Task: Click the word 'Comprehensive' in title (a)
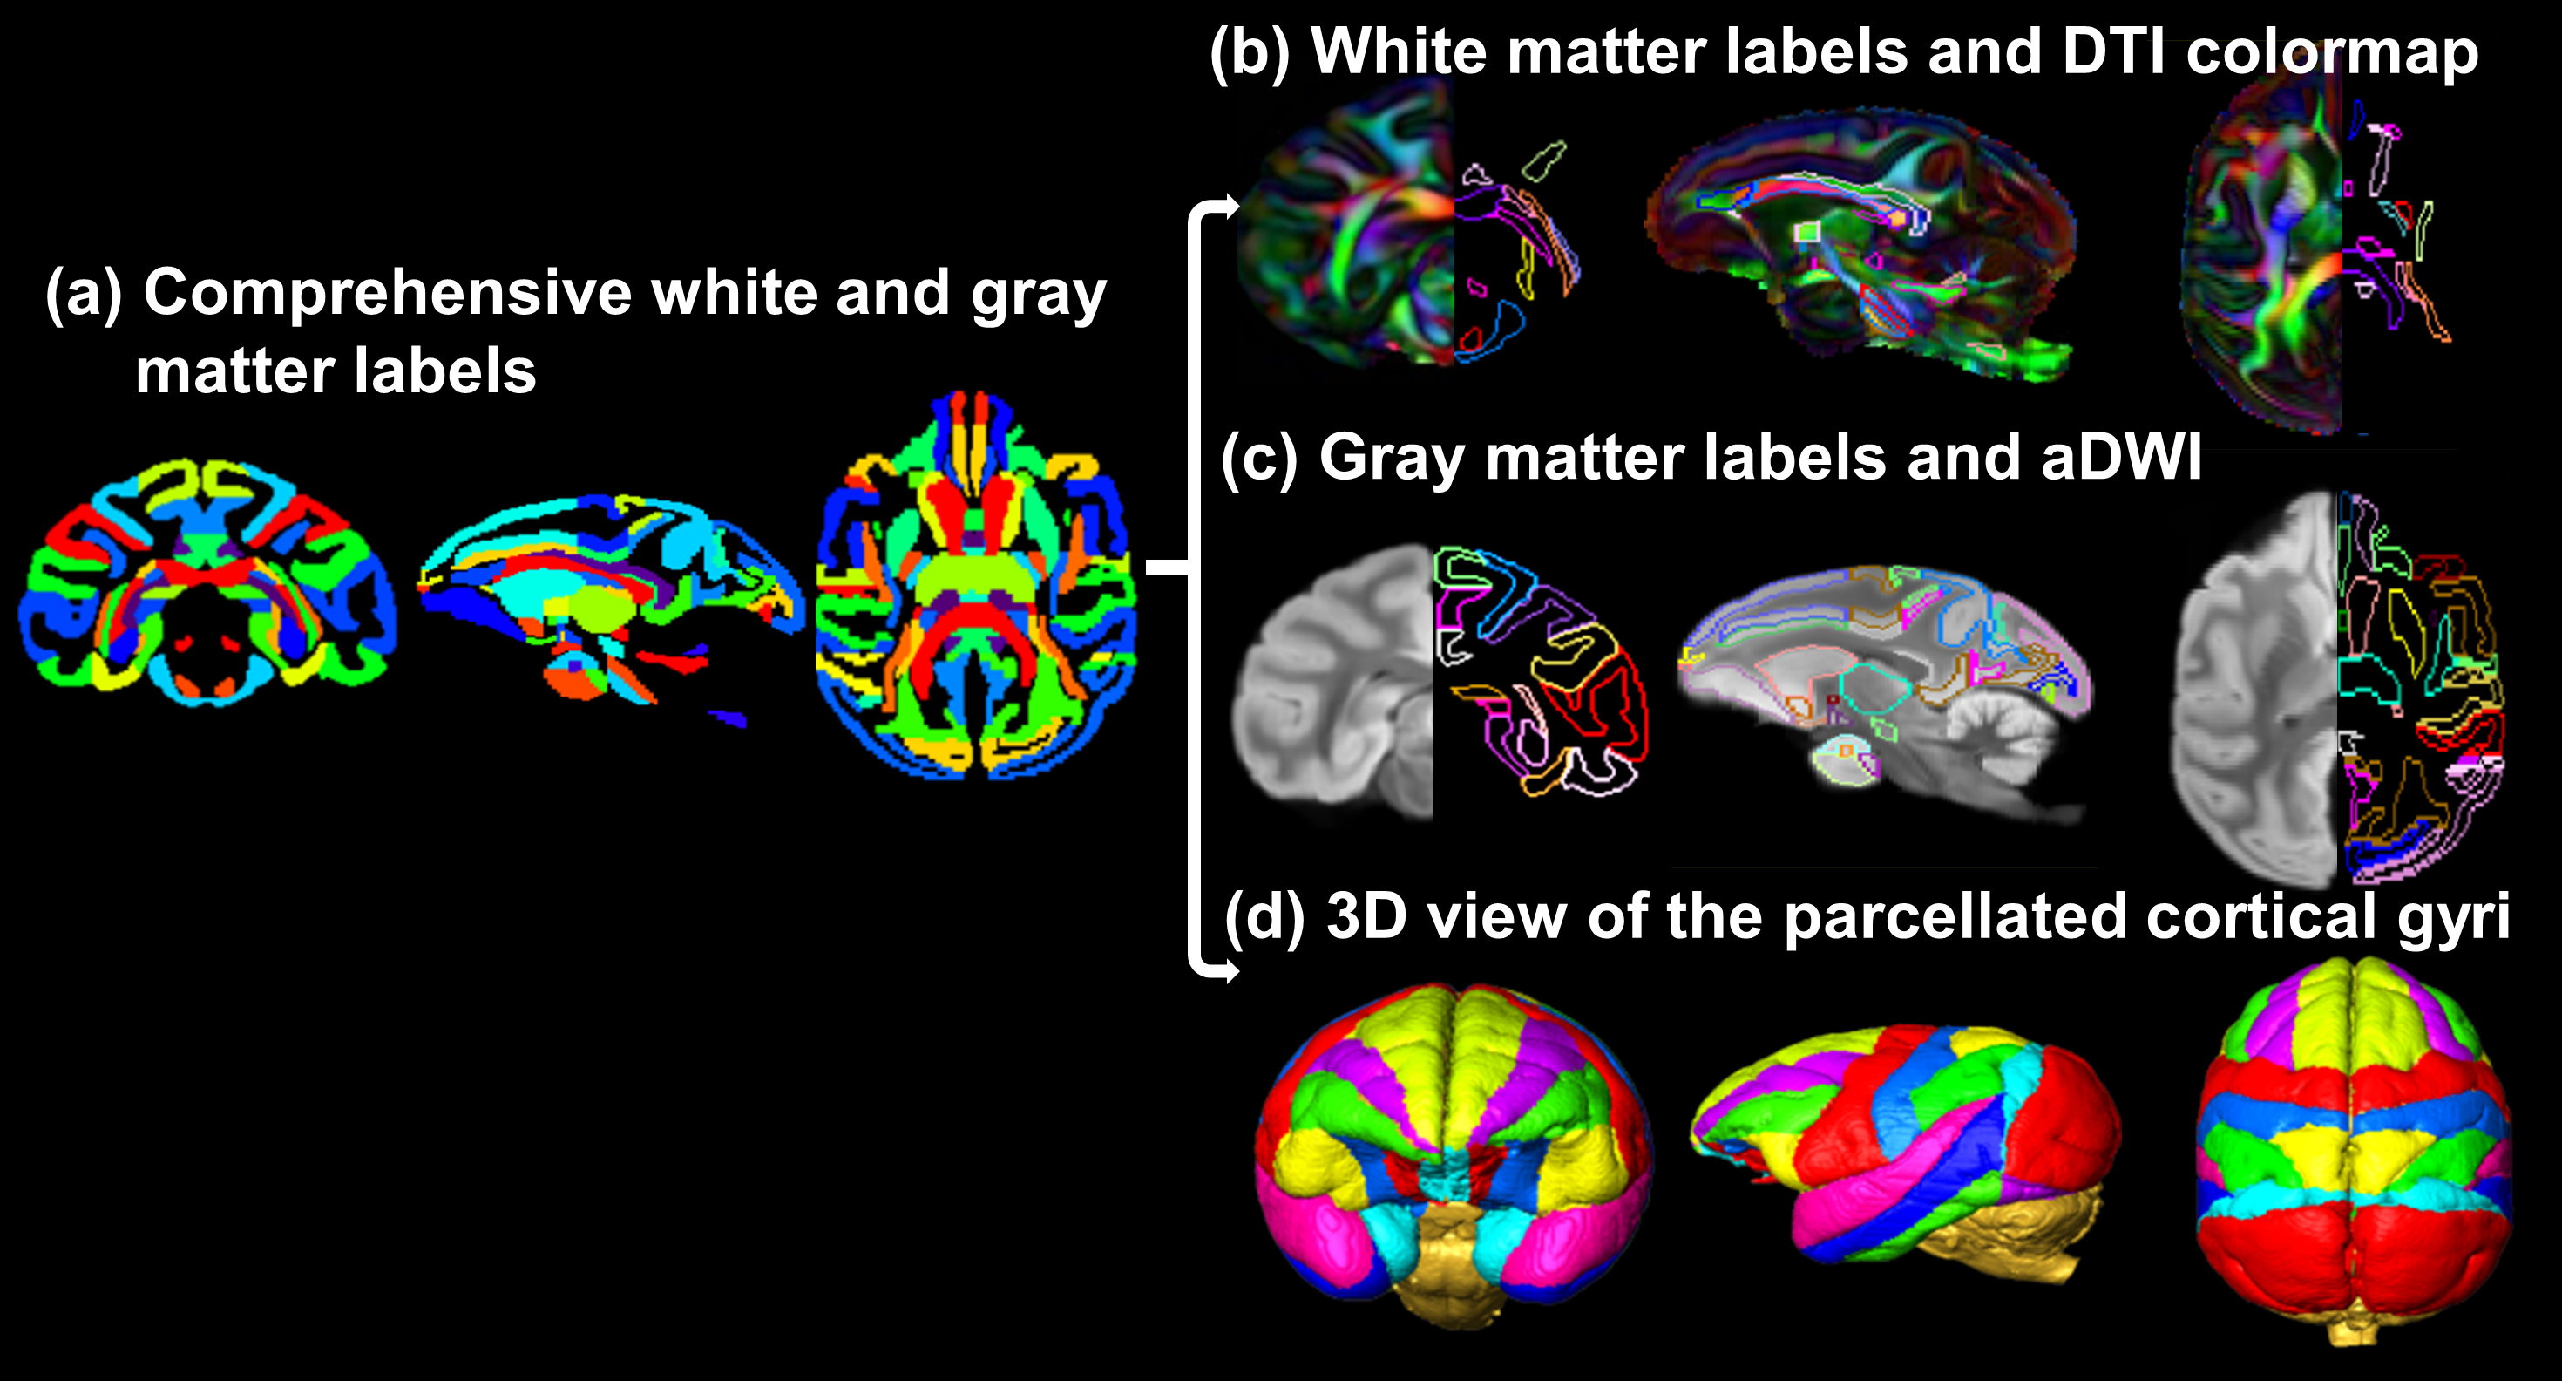[388, 293]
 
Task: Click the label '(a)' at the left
[84, 295]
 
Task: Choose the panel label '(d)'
[1263, 916]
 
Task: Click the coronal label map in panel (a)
[207, 583]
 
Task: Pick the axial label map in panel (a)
[974, 587]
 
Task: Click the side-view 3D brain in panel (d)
[1905, 1154]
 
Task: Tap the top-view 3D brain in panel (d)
[2352, 1144]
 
